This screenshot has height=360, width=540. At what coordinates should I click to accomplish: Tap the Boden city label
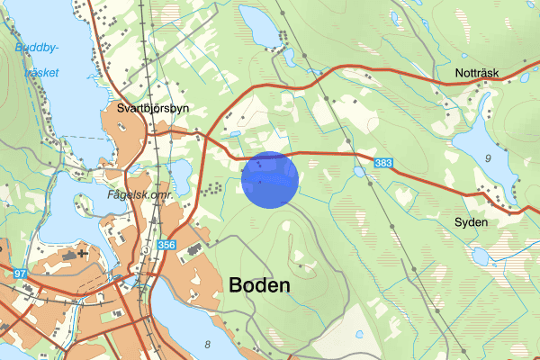pyautogui.click(x=260, y=285)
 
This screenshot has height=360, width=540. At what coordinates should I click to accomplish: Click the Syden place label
pyautogui.click(x=472, y=221)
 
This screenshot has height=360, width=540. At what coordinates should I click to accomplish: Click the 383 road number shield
pyautogui.click(x=383, y=162)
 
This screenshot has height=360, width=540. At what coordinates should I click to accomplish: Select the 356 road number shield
pyautogui.click(x=165, y=244)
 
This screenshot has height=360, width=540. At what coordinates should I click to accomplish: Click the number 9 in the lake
pyautogui.click(x=487, y=159)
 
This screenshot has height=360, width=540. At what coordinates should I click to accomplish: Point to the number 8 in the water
pyautogui.click(x=208, y=344)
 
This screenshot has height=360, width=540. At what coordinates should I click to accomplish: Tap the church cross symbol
pyautogui.click(x=84, y=253)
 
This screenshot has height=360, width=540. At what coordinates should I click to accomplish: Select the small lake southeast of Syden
pyautogui.click(x=481, y=256)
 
